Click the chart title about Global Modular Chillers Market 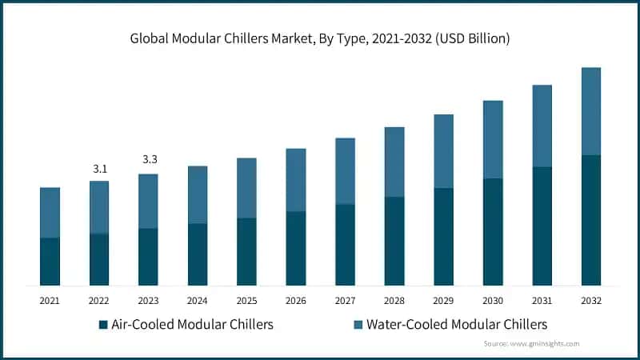click(x=320, y=38)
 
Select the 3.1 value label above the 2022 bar click(x=99, y=168)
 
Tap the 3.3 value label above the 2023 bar click(x=149, y=160)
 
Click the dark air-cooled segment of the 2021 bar click(x=50, y=261)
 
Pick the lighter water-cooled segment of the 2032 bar click(x=592, y=111)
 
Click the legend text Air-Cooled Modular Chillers click(x=192, y=325)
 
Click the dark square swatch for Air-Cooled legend click(x=103, y=326)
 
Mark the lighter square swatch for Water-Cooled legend click(x=358, y=326)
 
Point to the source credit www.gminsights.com click(x=531, y=343)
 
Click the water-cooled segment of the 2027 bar click(x=346, y=171)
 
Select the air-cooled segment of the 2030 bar click(x=494, y=231)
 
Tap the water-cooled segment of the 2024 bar click(x=198, y=194)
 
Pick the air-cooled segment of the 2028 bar click(x=394, y=241)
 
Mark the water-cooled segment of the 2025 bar click(x=246, y=188)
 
